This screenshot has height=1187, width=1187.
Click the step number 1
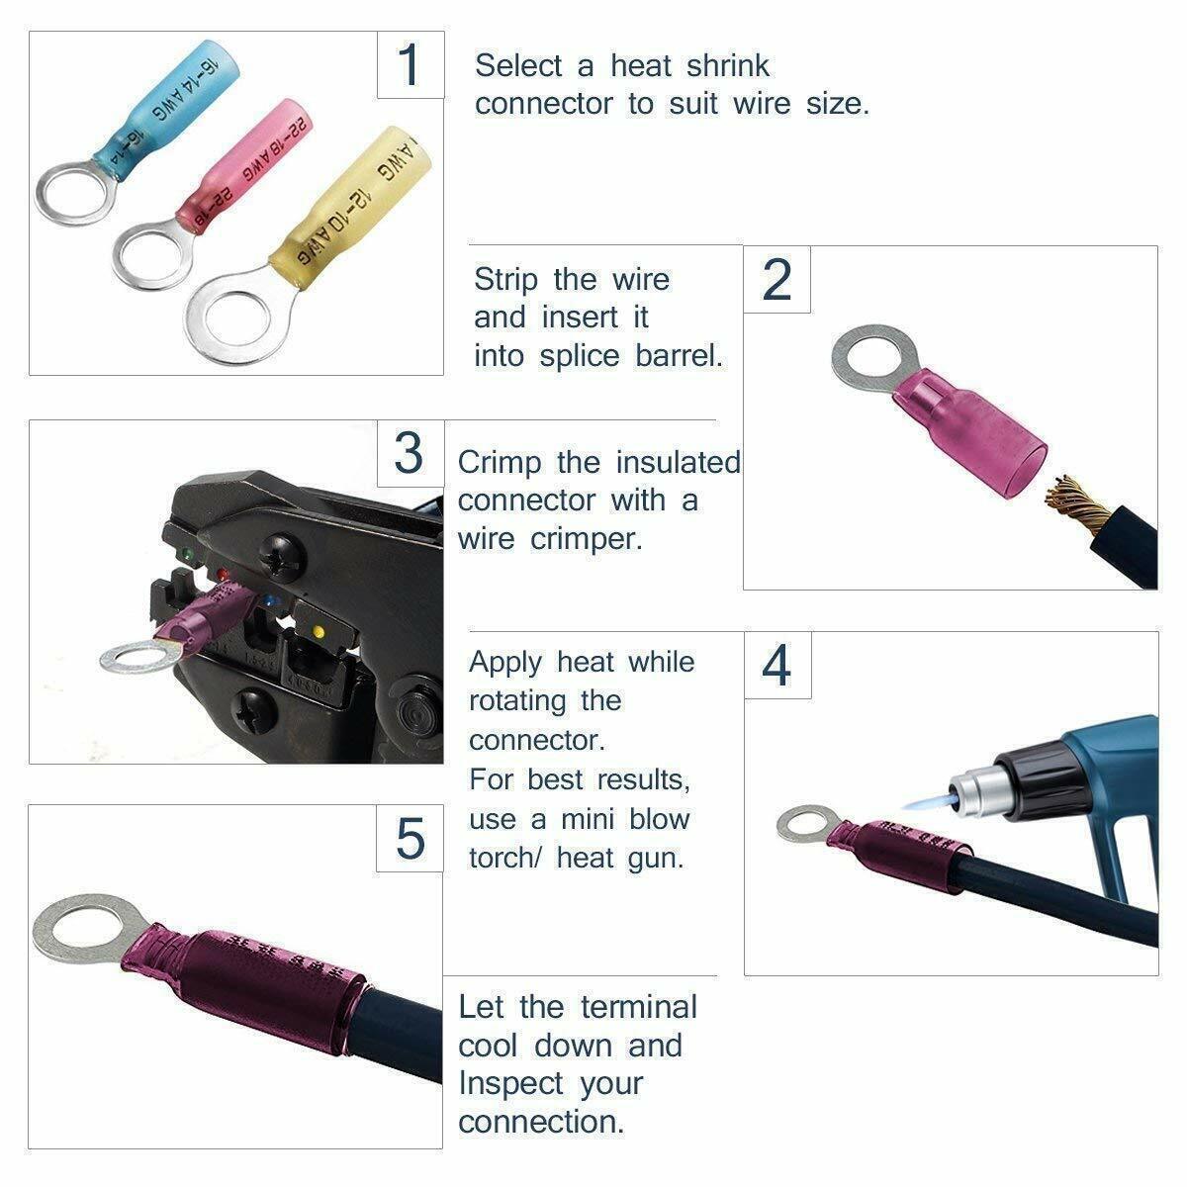pyautogui.click(x=410, y=64)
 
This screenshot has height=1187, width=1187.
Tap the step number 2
pyautogui.click(x=777, y=280)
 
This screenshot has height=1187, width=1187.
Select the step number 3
pyautogui.click(x=409, y=454)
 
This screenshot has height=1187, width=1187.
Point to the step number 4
pyautogui.click(x=777, y=666)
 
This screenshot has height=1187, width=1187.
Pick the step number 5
pyautogui.click(x=410, y=838)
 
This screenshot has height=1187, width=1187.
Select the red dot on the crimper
pyautogui.click(x=223, y=573)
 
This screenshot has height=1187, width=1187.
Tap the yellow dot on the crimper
pyautogui.click(x=317, y=630)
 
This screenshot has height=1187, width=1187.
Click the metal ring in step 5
pyautogui.click(x=75, y=930)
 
